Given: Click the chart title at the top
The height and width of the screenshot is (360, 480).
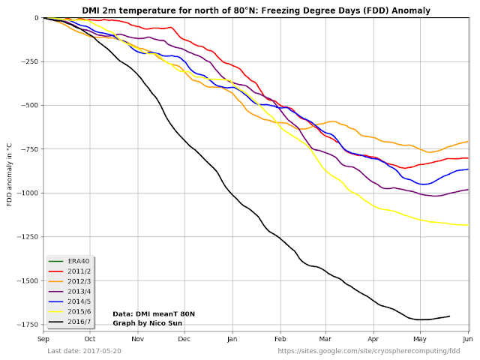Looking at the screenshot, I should (256, 10).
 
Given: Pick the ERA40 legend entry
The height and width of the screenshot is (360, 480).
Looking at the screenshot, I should (69, 261).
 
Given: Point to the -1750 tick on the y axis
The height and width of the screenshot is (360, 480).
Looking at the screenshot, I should (28, 325).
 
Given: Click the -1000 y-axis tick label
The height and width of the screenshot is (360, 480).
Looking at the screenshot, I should (28, 193).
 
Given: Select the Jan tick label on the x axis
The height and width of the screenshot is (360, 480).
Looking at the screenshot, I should (232, 340).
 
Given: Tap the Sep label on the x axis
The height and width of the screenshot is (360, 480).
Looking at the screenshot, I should (43, 340).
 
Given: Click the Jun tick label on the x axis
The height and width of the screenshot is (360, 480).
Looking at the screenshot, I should (469, 340).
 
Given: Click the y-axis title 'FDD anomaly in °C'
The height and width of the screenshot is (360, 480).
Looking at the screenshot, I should (10, 174).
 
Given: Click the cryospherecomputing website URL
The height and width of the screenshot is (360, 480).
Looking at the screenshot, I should (369, 351).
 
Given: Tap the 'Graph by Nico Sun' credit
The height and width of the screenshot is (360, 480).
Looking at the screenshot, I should (148, 323).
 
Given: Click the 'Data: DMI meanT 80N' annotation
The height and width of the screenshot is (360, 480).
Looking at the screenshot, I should (154, 313).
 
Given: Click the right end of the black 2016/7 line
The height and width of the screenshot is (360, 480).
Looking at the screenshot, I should (449, 316).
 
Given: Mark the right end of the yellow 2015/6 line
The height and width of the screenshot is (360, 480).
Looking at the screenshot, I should (468, 225).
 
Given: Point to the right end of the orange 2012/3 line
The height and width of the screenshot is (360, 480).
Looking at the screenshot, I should (468, 141).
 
